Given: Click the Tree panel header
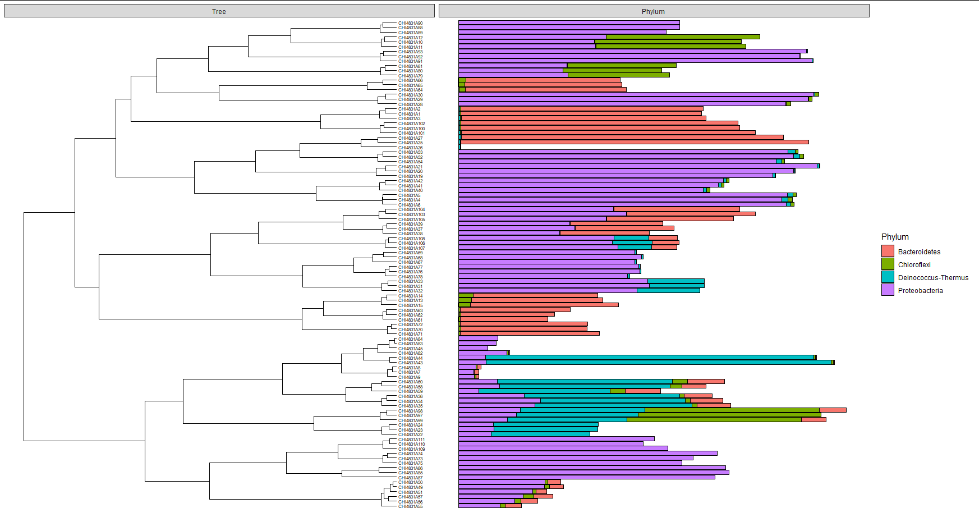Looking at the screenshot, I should (x=219, y=11).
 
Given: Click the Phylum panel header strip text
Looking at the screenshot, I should (x=653, y=11).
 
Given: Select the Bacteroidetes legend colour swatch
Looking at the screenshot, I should (x=888, y=251).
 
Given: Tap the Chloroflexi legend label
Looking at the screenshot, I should (x=914, y=264).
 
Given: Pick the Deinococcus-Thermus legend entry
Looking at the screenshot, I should (x=932, y=277).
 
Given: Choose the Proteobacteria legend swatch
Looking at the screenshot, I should (x=888, y=290).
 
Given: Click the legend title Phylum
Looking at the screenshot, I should (x=895, y=237).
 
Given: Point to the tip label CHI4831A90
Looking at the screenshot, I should (x=410, y=23).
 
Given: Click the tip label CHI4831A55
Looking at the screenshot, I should (x=410, y=506).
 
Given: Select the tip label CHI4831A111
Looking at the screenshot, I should (x=411, y=440).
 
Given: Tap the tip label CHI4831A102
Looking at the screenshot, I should (x=411, y=123).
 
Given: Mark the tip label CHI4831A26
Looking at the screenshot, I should (x=410, y=148).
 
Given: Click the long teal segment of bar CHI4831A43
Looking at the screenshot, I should (x=656, y=362).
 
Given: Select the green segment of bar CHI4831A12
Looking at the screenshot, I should (x=682, y=36).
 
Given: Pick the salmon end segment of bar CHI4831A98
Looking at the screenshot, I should (x=833, y=410).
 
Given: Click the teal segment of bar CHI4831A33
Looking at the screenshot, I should (x=675, y=281).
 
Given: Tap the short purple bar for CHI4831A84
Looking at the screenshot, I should (x=477, y=338).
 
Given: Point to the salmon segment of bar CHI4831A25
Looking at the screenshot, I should (x=634, y=142).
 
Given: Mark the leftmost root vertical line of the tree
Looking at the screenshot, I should (x=24, y=326).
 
